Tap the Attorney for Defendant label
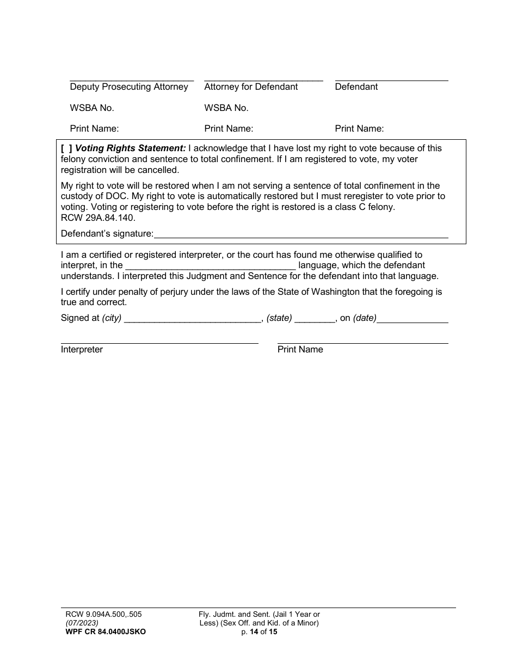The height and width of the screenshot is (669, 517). tap(251, 87)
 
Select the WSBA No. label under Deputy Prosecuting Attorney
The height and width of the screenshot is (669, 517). tap(92, 108)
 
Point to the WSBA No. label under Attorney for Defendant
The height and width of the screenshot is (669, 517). tap(226, 108)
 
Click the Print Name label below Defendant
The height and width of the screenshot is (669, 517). tap(359, 129)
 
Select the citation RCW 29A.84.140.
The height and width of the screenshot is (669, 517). tap(98, 218)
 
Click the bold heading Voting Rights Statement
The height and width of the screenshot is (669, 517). tap(131, 148)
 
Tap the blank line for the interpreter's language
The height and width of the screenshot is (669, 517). tap(211, 266)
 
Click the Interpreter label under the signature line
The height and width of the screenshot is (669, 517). tap(82, 350)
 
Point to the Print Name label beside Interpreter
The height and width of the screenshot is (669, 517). tap(300, 350)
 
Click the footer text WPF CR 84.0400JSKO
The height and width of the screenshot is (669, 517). tap(106, 632)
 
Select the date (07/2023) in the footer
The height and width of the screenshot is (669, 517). tap(82, 623)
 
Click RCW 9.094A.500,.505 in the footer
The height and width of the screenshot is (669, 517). tap(103, 615)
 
